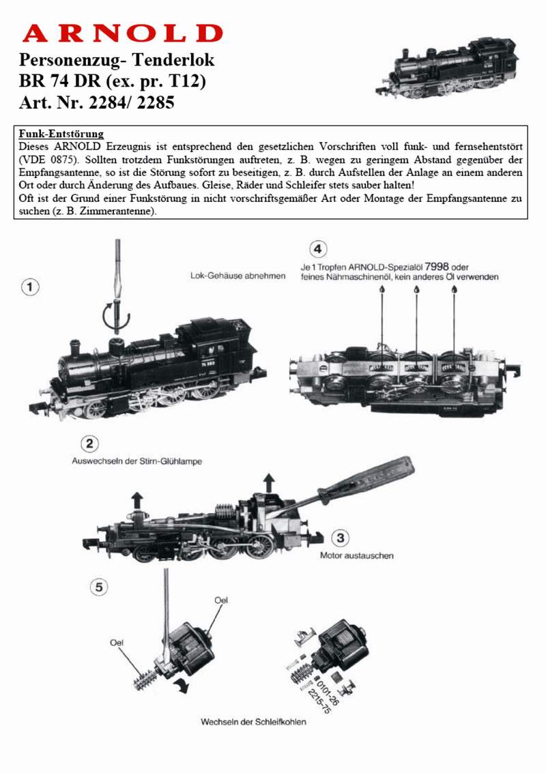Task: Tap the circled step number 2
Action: (x=89, y=444)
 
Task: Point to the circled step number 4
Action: (x=317, y=248)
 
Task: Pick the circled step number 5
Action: (x=100, y=585)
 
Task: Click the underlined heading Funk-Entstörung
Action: (x=61, y=134)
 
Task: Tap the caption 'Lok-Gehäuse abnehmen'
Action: (x=238, y=276)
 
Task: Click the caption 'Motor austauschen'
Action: (x=356, y=555)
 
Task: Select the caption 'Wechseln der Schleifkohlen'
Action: (x=253, y=722)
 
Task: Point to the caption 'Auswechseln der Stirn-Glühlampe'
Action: (x=137, y=461)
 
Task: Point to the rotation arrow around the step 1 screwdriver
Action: (x=117, y=315)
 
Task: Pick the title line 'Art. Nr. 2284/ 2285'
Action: (x=98, y=104)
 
